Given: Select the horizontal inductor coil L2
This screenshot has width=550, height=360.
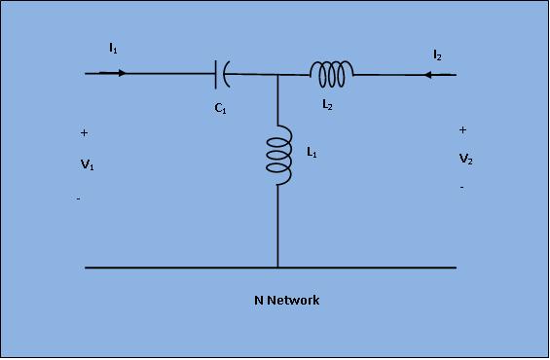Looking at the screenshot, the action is (x=332, y=74).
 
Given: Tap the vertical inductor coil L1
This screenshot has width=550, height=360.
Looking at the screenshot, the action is (x=278, y=155).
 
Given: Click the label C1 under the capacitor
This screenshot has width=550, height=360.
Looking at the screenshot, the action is (x=220, y=108).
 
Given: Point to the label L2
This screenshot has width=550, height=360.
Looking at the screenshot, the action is (x=327, y=104).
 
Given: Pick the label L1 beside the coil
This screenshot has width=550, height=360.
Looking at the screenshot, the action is (x=312, y=152).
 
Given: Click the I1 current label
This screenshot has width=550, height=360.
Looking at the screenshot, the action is (x=113, y=48).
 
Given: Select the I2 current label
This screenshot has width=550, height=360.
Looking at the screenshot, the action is (x=437, y=55).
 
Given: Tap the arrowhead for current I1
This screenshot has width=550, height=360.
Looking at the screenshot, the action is (x=122, y=73).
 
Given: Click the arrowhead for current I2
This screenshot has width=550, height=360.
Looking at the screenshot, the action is (x=428, y=75).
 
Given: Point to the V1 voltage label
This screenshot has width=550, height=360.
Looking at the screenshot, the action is (x=87, y=164).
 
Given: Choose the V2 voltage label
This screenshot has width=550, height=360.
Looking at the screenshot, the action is (x=466, y=159).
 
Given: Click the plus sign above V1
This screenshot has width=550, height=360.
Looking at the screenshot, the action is (x=84, y=133).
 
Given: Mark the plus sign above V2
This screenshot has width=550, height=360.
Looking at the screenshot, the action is (x=463, y=130).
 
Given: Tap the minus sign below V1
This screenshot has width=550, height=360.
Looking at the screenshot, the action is (x=79, y=199).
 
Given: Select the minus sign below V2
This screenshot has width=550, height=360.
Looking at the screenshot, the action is (x=462, y=188).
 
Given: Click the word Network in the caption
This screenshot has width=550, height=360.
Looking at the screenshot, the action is (x=293, y=301).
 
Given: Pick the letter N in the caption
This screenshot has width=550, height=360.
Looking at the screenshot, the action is (x=259, y=301).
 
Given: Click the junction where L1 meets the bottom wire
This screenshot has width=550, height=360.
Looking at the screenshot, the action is (x=277, y=268).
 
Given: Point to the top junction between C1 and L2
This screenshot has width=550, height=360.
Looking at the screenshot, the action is (x=277, y=74).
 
